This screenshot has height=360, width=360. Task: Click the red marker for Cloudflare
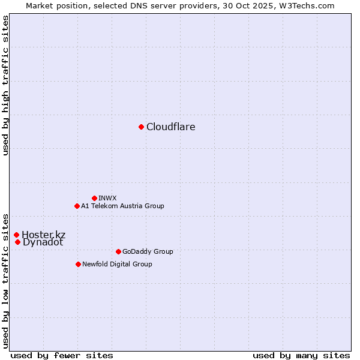coord(141,127)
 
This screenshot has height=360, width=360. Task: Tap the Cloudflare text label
coord(171,127)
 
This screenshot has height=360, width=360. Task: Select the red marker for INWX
coord(94,198)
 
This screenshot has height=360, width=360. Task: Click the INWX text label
coord(107,198)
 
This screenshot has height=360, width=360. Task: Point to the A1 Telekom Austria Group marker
coord(77,206)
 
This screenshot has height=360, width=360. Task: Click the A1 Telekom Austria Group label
coord(122,206)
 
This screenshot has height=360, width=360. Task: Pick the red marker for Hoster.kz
coord(16,235)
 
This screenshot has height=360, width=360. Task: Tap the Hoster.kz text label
coord(44,235)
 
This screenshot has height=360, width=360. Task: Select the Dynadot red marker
coord(18,242)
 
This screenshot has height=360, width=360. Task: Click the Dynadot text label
coord(43,242)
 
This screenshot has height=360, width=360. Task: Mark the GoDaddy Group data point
coord(118,251)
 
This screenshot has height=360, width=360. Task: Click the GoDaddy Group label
coord(148,251)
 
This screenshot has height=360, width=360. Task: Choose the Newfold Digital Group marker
coord(78,264)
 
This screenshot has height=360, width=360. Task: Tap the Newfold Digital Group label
coord(117,264)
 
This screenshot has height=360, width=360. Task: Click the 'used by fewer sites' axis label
coord(62,355)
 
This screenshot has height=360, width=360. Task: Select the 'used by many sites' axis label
coord(301,355)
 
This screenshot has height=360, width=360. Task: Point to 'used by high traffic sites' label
coord(6,85)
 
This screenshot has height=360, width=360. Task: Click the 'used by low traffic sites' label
coord(6,280)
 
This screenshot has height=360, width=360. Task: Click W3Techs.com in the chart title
coord(305,5)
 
